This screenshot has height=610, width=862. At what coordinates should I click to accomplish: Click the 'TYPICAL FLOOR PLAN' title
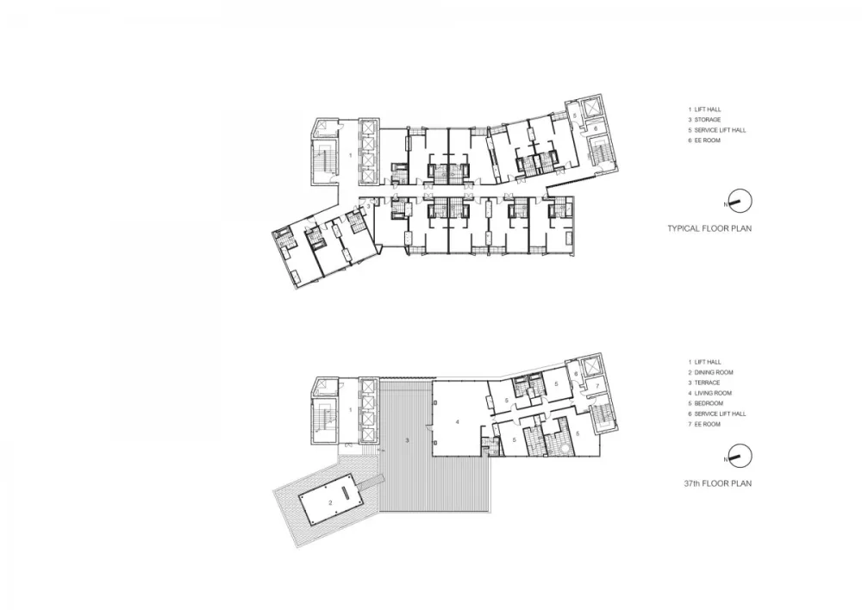pos(709,229)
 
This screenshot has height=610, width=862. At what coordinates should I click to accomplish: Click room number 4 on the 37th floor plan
pos(458,421)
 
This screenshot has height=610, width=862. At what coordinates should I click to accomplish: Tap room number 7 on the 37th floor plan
pos(597,388)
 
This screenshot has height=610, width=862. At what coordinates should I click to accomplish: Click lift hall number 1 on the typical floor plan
pos(350,154)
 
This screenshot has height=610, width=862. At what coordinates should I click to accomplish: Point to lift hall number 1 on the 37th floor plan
pos(350,410)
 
